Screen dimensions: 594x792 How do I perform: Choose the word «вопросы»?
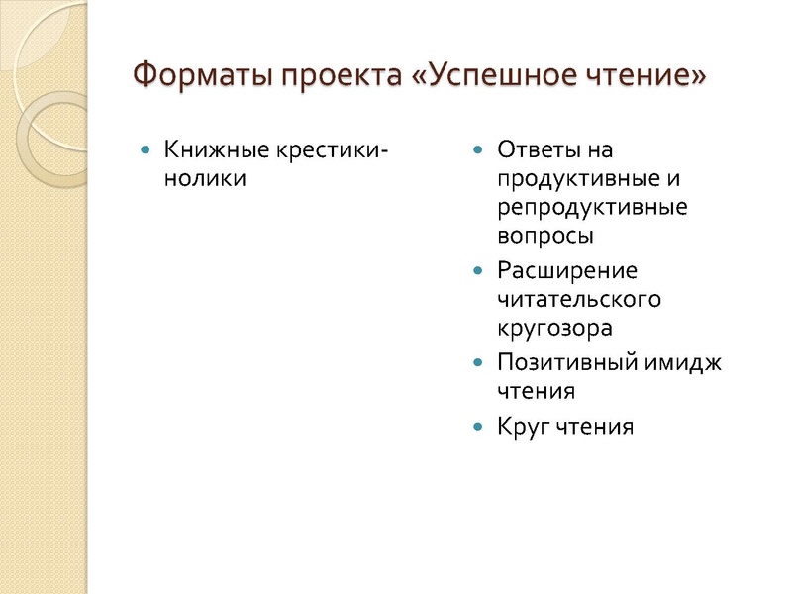(x=545, y=238)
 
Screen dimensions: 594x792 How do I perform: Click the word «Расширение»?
(x=567, y=270)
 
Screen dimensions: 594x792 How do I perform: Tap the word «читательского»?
(x=579, y=299)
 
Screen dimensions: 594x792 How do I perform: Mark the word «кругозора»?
(x=554, y=328)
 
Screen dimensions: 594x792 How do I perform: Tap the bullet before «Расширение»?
(x=478, y=270)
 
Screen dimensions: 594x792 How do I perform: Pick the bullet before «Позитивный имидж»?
(x=478, y=362)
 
